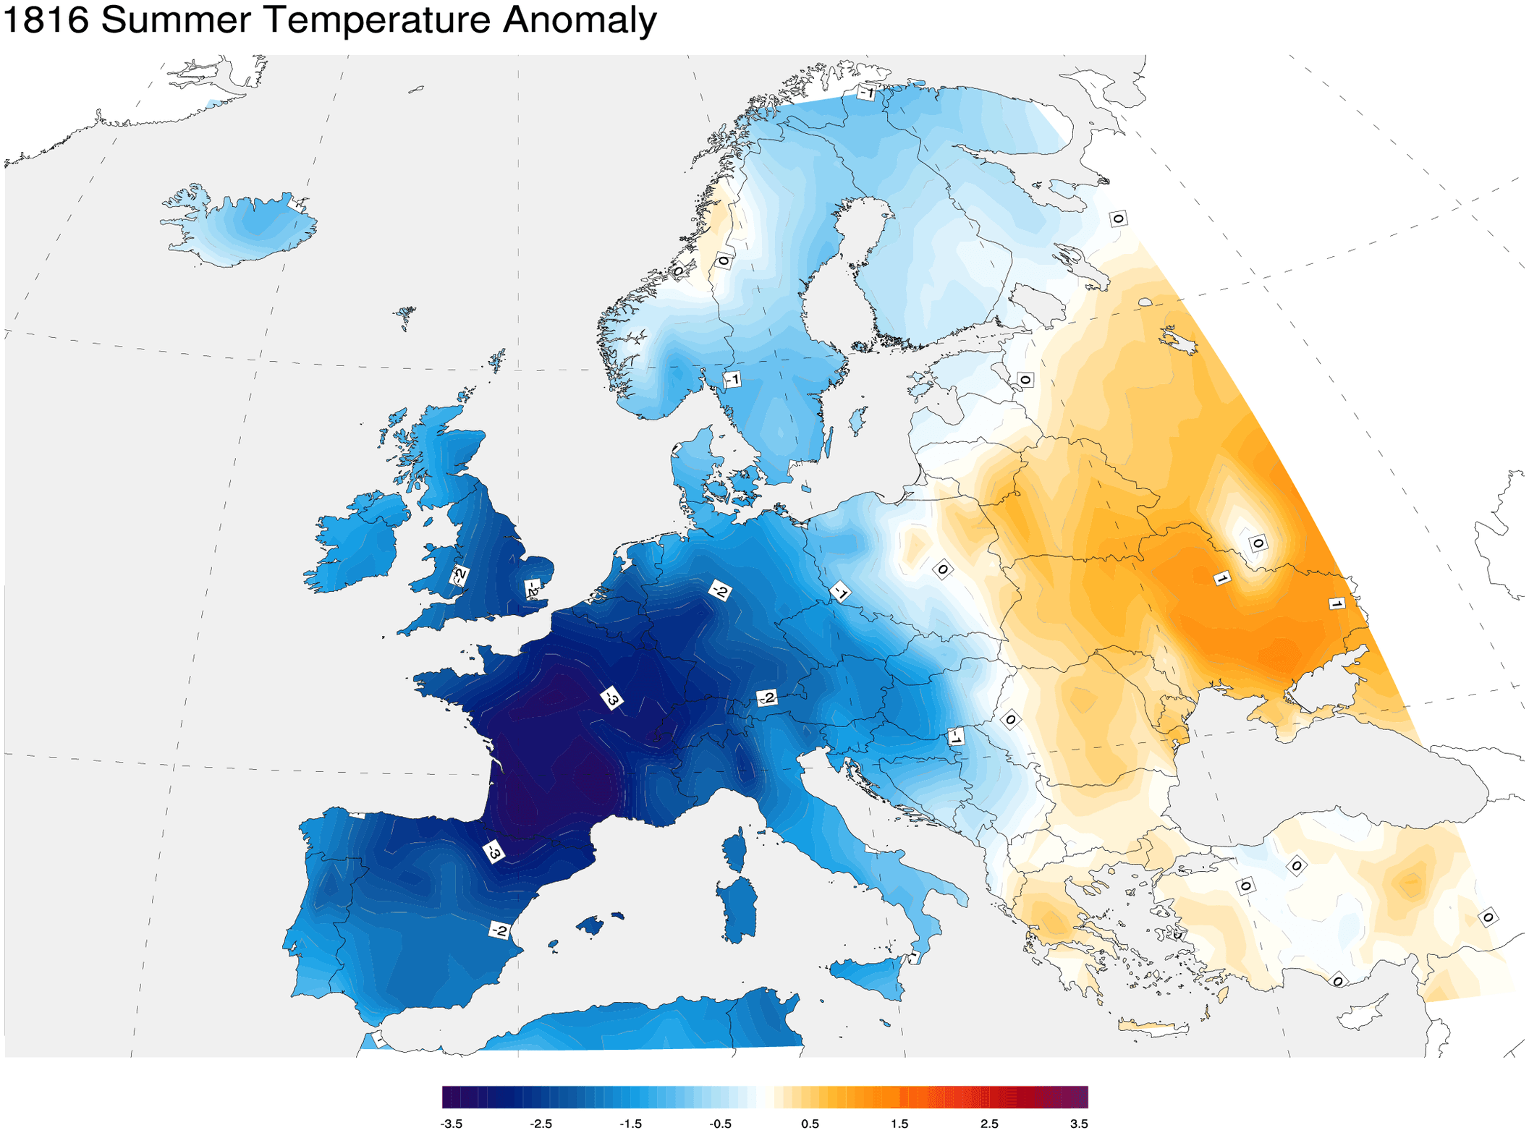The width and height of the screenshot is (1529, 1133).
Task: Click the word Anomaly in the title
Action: [x=579, y=20]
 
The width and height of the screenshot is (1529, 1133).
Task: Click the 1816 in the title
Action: [x=46, y=20]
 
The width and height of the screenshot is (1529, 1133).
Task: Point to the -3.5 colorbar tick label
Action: [x=451, y=1124]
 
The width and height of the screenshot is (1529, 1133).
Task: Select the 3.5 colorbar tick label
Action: [x=1078, y=1124]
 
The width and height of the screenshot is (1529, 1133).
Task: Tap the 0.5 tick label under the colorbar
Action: [x=810, y=1124]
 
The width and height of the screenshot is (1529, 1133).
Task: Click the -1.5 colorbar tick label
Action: [x=630, y=1124]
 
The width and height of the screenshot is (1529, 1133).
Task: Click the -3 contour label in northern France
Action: [x=612, y=698]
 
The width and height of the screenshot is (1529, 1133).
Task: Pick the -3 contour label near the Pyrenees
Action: [x=493, y=852]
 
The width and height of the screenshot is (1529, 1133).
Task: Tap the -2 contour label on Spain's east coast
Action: [x=499, y=930]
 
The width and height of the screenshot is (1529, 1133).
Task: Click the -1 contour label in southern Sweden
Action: [x=732, y=379]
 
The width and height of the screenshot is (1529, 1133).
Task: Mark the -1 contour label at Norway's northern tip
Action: [x=866, y=93]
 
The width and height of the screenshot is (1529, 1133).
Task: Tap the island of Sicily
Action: [x=868, y=977]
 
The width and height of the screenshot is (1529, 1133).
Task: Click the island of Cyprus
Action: [x=1364, y=1013]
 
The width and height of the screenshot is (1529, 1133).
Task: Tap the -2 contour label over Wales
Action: [x=459, y=576]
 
